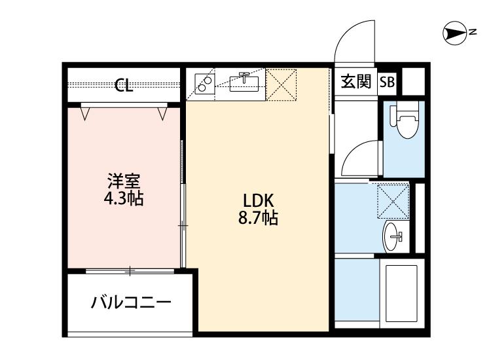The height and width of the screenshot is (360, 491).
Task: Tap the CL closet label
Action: [x=124, y=85]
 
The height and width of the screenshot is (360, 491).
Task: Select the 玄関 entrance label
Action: [x=355, y=82]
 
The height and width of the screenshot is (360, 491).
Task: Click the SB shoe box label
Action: [x=388, y=83]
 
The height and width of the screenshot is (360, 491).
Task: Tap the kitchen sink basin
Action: [x=245, y=83]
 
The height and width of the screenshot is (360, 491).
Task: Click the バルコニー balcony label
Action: [x=131, y=303]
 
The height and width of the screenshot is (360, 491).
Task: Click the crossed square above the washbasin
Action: [x=393, y=200]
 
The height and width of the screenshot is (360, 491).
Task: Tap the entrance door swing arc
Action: [x=354, y=39]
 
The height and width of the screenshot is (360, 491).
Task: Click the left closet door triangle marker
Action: [x=85, y=113]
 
